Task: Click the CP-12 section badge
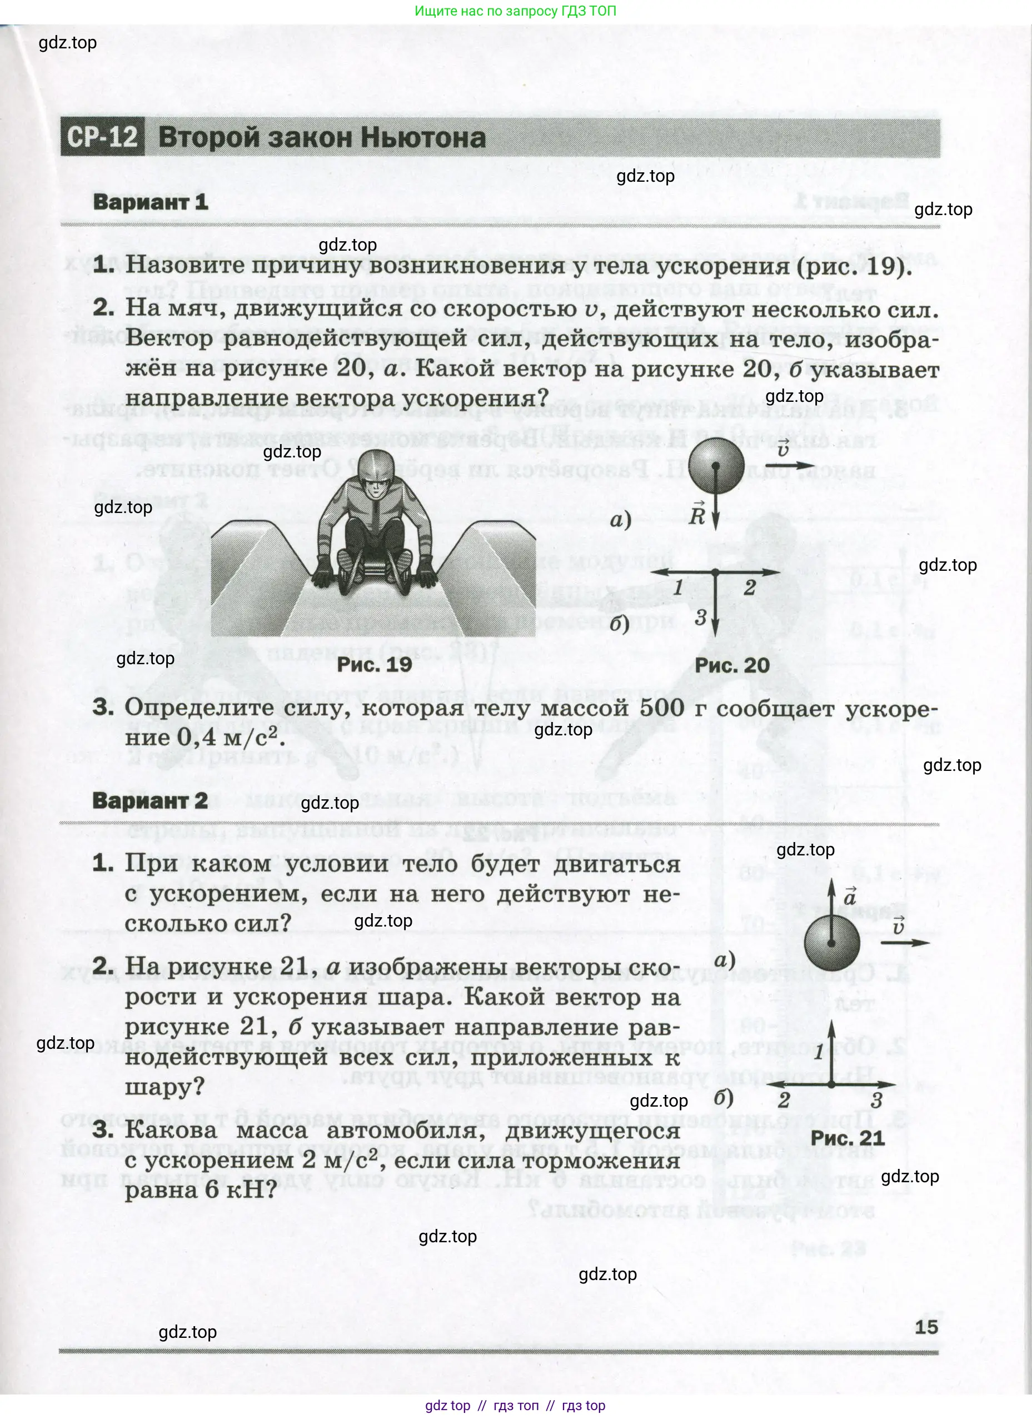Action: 102,136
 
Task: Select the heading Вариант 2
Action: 149,800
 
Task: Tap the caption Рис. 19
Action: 374,664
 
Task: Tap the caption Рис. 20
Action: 732,664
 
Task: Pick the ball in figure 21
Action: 832,943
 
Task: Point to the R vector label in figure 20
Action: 697,514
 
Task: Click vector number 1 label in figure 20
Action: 678,587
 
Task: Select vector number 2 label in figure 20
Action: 749,587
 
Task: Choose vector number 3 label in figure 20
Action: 701,618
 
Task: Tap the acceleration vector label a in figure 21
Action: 849,897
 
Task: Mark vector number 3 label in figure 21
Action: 876,1101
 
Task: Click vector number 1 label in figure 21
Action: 819,1052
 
